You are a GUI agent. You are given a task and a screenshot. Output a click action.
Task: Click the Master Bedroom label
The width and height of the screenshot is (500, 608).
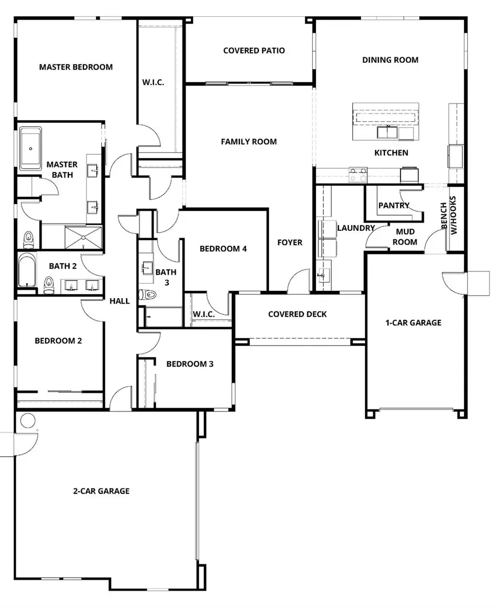76,67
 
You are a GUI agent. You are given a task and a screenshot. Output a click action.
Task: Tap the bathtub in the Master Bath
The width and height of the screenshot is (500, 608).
31,149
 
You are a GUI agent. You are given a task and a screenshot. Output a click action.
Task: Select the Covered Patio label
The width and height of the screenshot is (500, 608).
254,51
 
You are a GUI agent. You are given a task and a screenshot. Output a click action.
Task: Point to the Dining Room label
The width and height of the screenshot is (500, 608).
390,60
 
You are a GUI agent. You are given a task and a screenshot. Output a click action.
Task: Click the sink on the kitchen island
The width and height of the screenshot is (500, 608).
387,132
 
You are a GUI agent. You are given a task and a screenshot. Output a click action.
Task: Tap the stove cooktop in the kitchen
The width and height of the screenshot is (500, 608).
358,175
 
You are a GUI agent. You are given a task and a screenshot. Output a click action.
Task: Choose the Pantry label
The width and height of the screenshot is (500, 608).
394,205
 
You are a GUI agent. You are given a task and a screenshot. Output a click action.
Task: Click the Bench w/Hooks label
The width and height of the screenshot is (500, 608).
449,215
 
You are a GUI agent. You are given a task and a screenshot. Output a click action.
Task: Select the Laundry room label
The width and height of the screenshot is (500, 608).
356,228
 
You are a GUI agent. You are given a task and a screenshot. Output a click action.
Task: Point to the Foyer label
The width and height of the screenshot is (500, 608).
289,243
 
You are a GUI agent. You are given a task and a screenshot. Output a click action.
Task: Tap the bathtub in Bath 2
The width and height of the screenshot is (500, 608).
27,270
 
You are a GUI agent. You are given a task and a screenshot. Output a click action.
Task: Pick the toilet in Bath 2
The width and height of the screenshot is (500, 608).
49,285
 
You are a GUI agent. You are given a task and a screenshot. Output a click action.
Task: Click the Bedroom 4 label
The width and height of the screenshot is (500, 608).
223,249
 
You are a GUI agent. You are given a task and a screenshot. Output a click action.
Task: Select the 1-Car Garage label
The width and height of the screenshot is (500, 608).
413,323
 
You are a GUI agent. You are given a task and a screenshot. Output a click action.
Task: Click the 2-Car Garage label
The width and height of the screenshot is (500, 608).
102,491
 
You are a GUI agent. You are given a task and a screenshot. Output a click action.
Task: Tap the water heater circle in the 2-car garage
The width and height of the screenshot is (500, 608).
27,421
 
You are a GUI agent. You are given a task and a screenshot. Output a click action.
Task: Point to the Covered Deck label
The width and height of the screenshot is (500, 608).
297,314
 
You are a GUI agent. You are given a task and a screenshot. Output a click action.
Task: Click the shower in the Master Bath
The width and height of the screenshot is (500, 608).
83,238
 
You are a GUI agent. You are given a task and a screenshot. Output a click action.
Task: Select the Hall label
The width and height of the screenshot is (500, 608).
119,301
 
